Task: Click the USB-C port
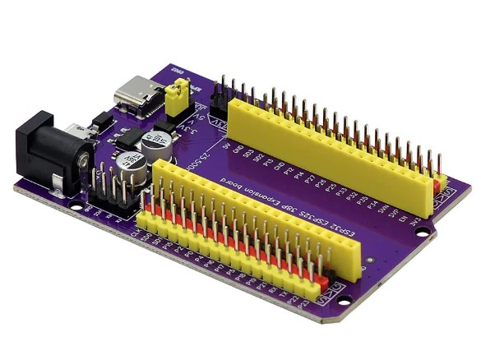(134, 94)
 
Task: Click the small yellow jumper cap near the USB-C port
(174, 98)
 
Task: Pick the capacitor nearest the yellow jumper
(155, 142)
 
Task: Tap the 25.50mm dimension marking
(206, 167)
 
